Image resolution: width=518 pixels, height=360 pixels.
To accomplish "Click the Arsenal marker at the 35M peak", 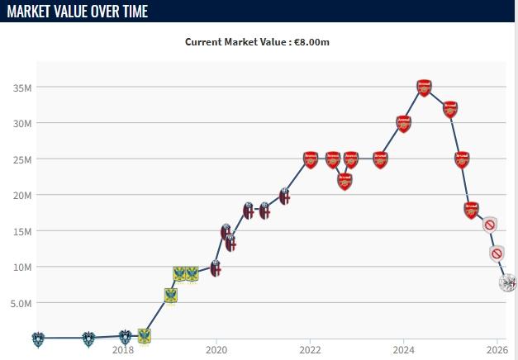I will (x=424, y=87).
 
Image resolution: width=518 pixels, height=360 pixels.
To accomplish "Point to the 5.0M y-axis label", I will (x=21, y=303).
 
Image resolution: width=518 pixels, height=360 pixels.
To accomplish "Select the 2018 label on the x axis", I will (x=123, y=349).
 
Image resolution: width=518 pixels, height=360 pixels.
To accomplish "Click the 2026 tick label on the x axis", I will (x=497, y=349).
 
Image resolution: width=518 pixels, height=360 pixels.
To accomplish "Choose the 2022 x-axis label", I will (x=310, y=349).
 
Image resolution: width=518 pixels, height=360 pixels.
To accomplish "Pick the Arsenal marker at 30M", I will (x=403, y=123).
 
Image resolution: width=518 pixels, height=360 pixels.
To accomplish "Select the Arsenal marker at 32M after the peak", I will (x=450, y=108).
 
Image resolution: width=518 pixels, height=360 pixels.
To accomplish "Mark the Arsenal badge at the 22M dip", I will (x=345, y=180).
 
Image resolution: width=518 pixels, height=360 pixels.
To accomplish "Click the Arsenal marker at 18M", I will (x=471, y=209).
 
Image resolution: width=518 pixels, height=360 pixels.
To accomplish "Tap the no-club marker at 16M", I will (x=489, y=224).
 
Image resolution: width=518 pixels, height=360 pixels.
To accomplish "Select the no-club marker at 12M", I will (x=497, y=253).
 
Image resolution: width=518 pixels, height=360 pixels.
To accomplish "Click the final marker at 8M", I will (x=508, y=282).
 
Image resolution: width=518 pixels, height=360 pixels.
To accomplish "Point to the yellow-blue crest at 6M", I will (x=170, y=295).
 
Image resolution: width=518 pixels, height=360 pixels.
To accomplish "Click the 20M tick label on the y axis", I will (x=23, y=195).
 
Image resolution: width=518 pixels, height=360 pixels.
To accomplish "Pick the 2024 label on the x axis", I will (x=403, y=349).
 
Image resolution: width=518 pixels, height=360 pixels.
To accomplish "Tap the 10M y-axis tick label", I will (x=23, y=267).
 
